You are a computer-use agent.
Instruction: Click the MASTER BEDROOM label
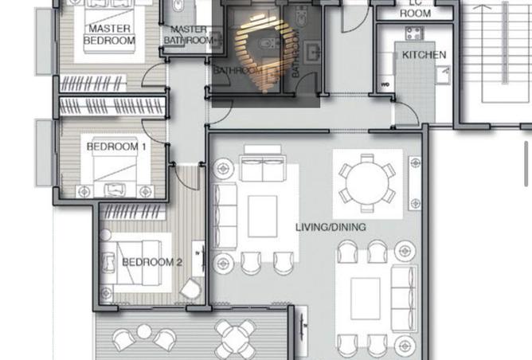[x=110, y=34]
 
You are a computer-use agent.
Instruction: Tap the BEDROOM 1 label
[x=116, y=147]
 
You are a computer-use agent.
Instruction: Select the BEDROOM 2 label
[x=152, y=262]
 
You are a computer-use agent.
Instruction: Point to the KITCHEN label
[x=424, y=55]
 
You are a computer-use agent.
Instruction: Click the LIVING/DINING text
[x=331, y=227]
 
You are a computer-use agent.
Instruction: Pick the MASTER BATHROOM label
[x=190, y=35]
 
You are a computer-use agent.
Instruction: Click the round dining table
[x=367, y=184]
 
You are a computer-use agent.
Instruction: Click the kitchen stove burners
[x=413, y=33]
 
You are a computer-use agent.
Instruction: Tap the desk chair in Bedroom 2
[x=191, y=290]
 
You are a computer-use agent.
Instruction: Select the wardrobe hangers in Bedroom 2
[x=134, y=213]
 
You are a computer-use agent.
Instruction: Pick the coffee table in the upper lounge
[x=262, y=217]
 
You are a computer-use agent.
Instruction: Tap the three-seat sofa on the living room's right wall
[x=403, y=299]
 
